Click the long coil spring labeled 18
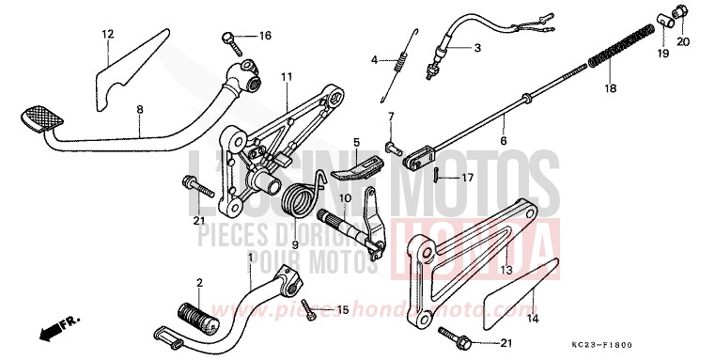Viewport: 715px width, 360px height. [x=620, y=53]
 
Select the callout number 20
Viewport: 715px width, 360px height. [x=682, y=41]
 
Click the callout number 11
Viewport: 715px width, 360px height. [x=286, y=76]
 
